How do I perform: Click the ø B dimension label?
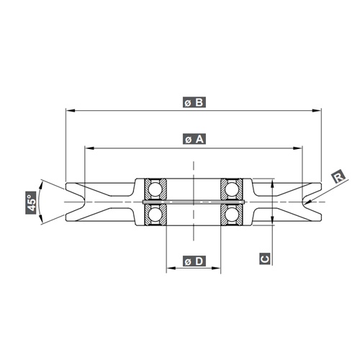click(194, 102)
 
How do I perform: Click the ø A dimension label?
click(194, 139)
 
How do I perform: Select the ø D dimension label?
click(194, 261)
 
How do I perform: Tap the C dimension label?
click(265, 258)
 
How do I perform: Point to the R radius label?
click(338, 178)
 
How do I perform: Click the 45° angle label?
click(30, 202)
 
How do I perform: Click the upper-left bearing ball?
click(155, 189)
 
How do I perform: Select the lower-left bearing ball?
click(155, 214)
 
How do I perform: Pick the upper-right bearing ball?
click(232, 189)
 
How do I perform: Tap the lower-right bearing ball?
click(232, 214)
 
